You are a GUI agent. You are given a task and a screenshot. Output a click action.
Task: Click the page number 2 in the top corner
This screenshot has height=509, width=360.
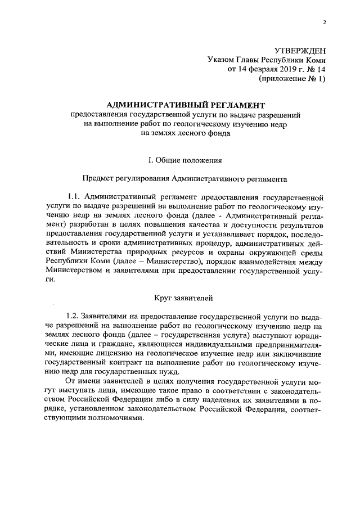(x=324, y=22)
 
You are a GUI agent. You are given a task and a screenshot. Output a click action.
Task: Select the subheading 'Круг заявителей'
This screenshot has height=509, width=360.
(x=184, y=296)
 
